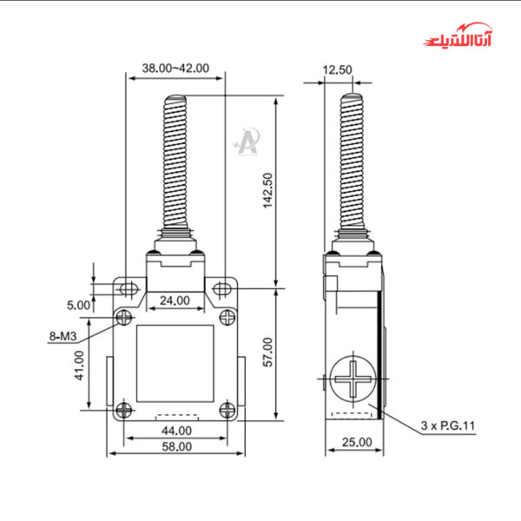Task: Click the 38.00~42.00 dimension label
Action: pyautogui.click(x=175, y=67)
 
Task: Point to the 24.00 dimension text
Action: pyautogui.click(x=175, y=300)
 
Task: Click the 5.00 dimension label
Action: pyautogui.click(x=78, y=305)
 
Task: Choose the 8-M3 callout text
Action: pyautogui.click(x=63, y=335)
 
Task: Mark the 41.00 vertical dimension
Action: pyautogui.click(x=79, y=366)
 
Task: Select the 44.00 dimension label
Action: pyautogui.click(x=175, y=431)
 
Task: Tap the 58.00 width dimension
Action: pyautogui.click(x=175, y=446)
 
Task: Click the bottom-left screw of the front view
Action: pyautogui.click(x=127, y=409)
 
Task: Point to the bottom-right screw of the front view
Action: pyautogui.click(x=227, y=409)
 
